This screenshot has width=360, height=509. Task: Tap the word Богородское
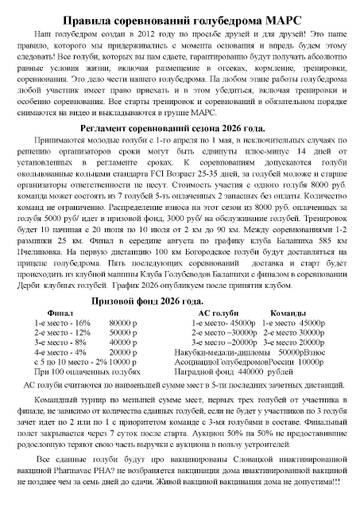coord(187,252)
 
